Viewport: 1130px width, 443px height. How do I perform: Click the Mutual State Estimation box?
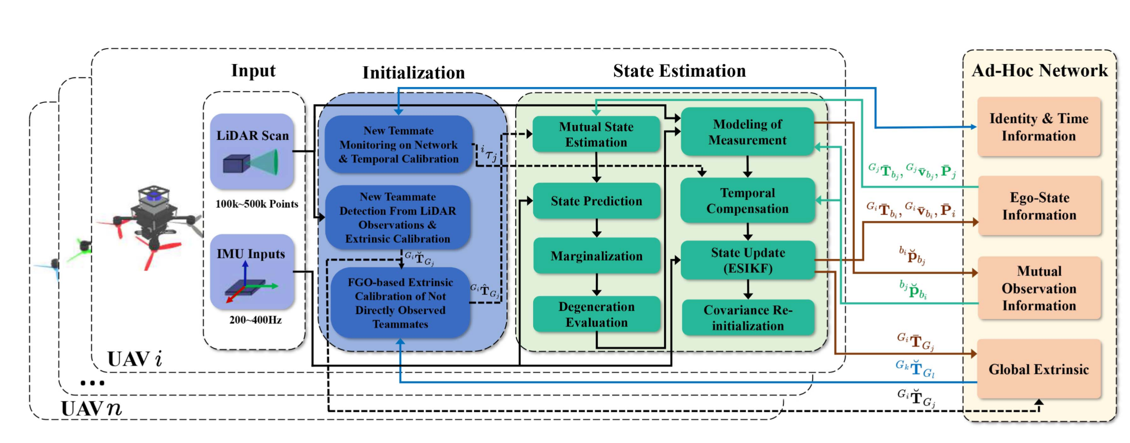(x=596, y=134)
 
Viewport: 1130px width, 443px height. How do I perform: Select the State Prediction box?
(x=596, y=201)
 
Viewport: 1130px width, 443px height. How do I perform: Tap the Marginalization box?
(x=596, y=256)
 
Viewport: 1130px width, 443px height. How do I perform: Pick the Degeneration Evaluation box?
(x=596, y=314)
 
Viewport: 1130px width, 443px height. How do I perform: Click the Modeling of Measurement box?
(x=747, y=132)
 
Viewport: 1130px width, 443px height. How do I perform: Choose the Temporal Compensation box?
(x=747, y=201)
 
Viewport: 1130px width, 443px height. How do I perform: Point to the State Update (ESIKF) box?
(x=747, y=260)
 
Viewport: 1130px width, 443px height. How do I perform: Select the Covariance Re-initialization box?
(x=748, y=317)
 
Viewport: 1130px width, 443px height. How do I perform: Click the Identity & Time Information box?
(x=1039, y=127)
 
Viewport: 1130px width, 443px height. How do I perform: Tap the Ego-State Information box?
(x=1039, y=206)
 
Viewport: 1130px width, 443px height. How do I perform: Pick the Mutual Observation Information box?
(x=1039, y=288)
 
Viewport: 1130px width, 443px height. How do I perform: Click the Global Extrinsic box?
(x=1039, y=369)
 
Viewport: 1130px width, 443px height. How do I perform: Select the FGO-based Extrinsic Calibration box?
(x=400, y=303)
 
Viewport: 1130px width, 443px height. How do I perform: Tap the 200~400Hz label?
(x=255, y=320)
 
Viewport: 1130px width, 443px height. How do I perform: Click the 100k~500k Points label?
(x=257, y=204)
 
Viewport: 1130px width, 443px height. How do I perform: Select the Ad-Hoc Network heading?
(x=1040, y=70)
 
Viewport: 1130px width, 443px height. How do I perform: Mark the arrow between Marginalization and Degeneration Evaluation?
(x=596, y=284)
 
